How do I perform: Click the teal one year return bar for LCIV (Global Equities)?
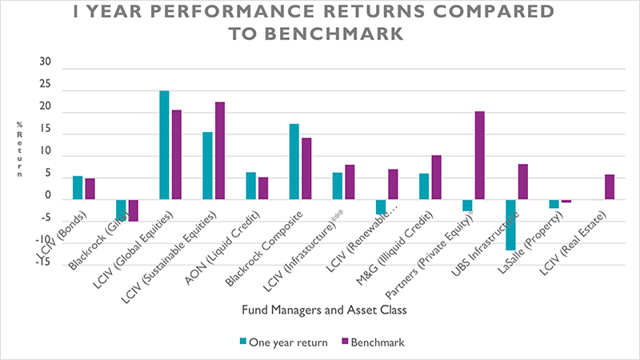(164, 145)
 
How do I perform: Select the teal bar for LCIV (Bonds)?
(78, 187)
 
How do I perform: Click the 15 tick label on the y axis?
(45, 130)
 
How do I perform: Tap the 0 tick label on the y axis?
(47, 196)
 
